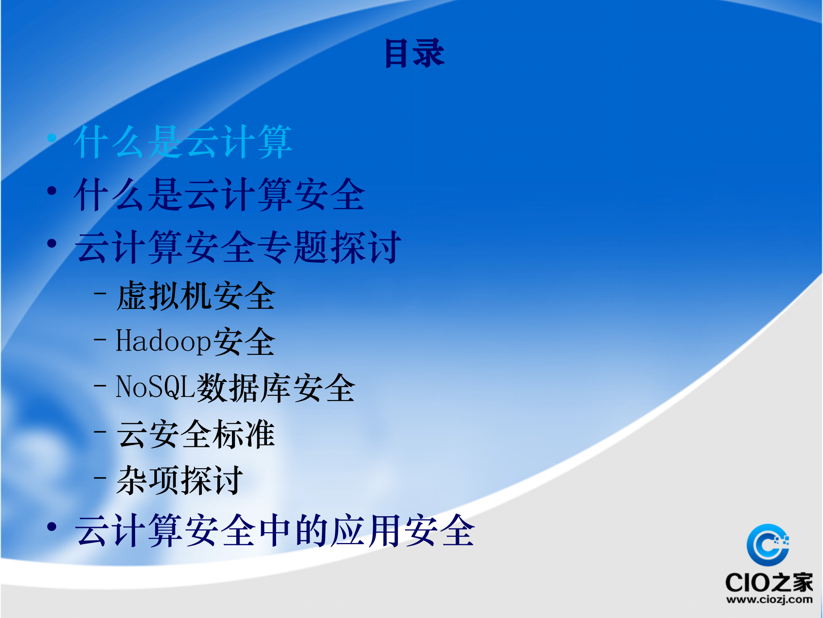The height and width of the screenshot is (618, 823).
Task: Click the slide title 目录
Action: tap(414, 53)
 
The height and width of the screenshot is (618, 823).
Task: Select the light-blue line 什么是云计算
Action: tap(183, 142)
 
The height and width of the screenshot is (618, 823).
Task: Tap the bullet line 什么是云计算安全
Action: tap(219, 195)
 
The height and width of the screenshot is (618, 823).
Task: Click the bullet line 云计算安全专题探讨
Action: tap(238, 247)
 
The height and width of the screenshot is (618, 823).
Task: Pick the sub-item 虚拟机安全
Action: tap(195, 296)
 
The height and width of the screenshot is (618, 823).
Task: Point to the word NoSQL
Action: tap(156, 387)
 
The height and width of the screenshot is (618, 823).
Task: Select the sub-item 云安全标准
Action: tap(195, 434)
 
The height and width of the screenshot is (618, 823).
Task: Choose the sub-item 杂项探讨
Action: tap(180, 481)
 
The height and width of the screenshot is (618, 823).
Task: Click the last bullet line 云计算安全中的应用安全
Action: tap(275, 531)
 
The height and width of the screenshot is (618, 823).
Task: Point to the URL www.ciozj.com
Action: tap(769, 600)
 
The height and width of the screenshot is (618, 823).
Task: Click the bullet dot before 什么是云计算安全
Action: tap(52, 191)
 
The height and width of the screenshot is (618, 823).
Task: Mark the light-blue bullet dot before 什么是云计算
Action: tap(52, 138)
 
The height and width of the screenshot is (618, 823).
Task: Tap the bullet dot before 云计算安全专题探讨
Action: tap(52, 243)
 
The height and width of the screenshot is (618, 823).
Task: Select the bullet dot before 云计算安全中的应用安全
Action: tap(52, 527)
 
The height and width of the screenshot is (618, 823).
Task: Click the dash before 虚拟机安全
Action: tap(100, 294)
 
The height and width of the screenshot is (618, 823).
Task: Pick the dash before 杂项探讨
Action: tap(100, 477)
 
